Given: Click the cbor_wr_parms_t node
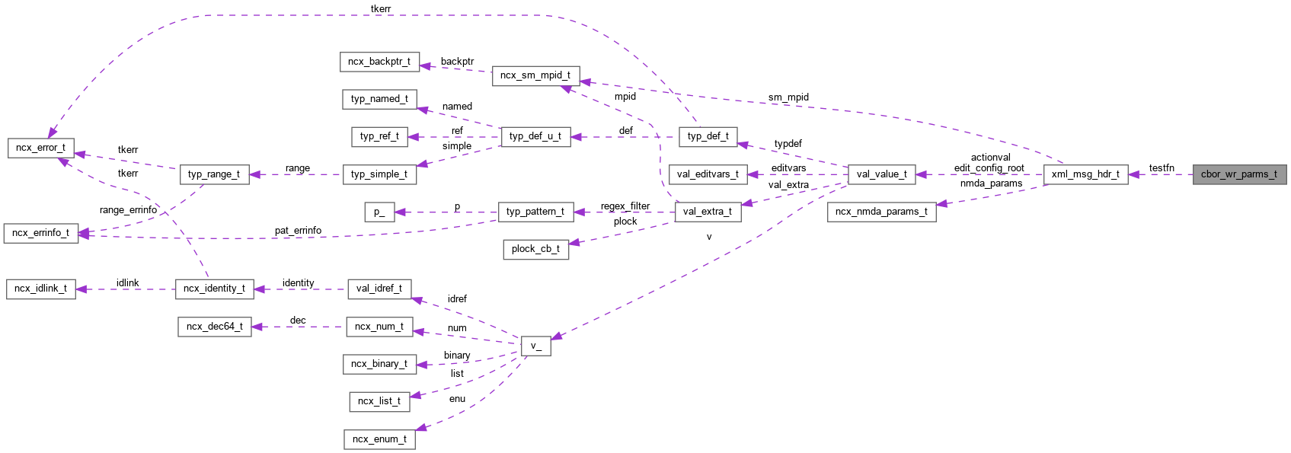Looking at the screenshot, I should (x=1238, y=174).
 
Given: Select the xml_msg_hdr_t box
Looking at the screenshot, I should (x=1085, y=174).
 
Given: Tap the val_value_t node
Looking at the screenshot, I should (x=881, y=174).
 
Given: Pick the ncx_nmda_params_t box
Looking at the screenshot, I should (x=881, y=212).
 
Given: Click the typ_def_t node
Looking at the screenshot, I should (x=708, y=136).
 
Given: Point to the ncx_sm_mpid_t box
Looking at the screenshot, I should (x=535, y=75).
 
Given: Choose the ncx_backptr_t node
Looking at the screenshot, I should (x=379, y=62).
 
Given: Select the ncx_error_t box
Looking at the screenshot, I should (x=40, y=148).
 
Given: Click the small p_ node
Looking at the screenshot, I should (x=379, y=212).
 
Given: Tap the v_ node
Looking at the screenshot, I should (x=535, y=346).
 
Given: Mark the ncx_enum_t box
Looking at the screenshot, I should (x=379, y=439).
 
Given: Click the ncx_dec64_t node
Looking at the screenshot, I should (x=214, y=327).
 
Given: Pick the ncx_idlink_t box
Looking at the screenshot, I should (x=40, y=289).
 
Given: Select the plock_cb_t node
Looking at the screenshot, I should (x=535, y=249).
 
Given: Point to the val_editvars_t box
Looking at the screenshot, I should (x=708, y=174).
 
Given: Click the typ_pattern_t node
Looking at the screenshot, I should (x=535, y=212).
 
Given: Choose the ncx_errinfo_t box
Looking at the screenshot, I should (x=40, y=233).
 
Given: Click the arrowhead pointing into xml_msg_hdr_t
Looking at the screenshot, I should (x=1134, y=174).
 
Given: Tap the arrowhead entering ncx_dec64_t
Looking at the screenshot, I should (x=257, y=327).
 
